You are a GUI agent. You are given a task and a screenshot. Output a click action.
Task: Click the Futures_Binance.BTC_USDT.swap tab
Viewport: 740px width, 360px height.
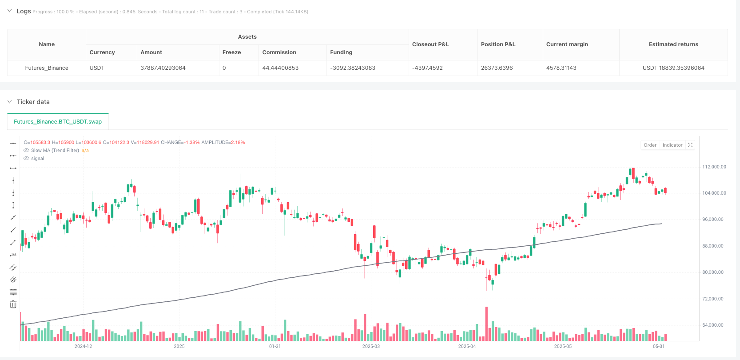pos(58,121)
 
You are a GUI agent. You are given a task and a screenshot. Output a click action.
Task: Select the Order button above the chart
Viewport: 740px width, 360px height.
pos(650,145)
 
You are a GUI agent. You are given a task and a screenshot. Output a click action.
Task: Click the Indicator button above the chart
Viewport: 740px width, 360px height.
pos(672,145)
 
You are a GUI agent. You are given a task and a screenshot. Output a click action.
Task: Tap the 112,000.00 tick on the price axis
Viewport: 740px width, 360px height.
pos(714,167)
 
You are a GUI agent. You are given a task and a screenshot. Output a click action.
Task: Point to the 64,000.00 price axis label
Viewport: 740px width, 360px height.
pos(714,325)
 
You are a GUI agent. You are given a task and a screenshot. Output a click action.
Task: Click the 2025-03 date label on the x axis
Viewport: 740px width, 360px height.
pos(371,346)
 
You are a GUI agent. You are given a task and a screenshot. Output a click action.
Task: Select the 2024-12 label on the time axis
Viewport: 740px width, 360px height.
pos(83,346)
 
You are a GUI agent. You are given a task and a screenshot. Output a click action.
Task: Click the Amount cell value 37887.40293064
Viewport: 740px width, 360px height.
pos(163,68)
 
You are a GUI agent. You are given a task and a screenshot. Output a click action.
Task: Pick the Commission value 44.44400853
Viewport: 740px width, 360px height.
pos(280,68)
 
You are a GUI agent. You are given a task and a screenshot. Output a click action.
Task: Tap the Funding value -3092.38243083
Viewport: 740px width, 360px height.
pos(353,68)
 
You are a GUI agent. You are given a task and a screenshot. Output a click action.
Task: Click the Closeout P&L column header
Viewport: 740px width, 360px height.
pos(430,44)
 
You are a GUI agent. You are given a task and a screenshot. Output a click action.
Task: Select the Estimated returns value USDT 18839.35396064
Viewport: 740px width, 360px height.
pos(673,68)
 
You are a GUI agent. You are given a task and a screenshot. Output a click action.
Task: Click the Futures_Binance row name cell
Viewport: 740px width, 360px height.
pos(47,68)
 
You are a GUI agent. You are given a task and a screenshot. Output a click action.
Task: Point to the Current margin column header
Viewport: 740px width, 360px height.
pos(567,44)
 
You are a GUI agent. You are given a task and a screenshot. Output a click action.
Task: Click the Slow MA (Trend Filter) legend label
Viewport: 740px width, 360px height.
pos(55,150)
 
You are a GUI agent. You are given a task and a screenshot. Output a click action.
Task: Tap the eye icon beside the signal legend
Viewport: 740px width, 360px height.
pos(27,158)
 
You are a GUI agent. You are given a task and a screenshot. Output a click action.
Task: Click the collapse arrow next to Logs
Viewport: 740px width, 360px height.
pos(9,11)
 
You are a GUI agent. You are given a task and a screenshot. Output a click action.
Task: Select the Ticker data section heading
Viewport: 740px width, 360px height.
pos(33,102)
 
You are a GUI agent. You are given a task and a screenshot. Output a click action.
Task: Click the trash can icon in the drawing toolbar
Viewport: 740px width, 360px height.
pos(13,304)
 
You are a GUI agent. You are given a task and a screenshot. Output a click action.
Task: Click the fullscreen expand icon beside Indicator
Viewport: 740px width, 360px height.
pos(690,145)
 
